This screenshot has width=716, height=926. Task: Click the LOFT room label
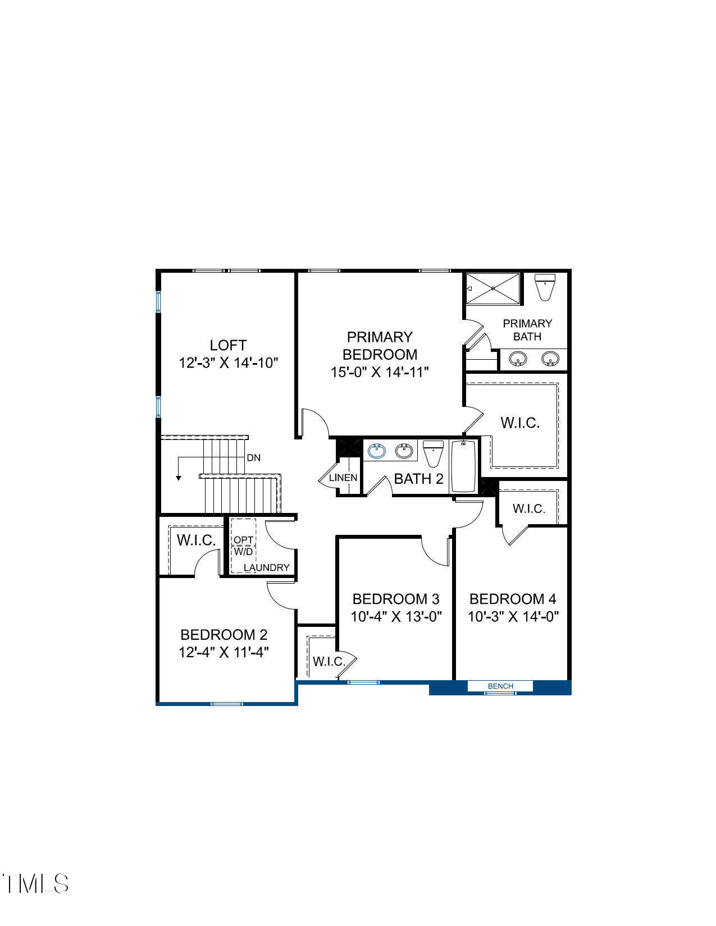(228, 345)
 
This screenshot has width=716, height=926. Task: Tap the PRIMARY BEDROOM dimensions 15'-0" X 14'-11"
(380, 372)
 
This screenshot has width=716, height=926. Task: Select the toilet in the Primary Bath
(545, 287)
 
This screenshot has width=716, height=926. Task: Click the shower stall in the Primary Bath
(493, 288)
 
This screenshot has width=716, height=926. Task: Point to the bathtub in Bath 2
(464, 466)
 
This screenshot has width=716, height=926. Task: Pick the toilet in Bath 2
(433, 453)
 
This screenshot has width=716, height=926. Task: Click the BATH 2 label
(418, 479)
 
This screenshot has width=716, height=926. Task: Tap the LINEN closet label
(343, 478)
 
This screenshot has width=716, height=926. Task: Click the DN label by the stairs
(254, 458)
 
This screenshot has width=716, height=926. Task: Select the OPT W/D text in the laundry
(244, 545)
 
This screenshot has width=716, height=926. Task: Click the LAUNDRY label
(267, 567)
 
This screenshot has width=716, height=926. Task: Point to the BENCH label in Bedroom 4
(500, 686)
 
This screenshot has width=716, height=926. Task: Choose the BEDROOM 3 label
(396, 599)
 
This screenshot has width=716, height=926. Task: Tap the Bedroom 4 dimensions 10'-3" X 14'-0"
(513, 617)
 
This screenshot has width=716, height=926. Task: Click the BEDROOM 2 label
(224, 635)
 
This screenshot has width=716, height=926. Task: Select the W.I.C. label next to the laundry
(196, 540)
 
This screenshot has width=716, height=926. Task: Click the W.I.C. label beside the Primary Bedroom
(520, 423)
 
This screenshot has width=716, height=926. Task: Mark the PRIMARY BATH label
(527, 330)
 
